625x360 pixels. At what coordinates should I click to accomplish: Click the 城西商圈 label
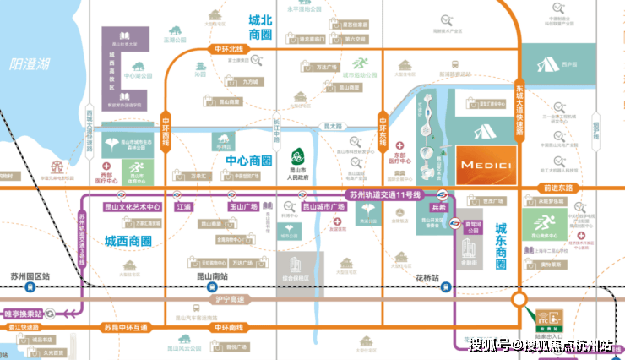(128, 242)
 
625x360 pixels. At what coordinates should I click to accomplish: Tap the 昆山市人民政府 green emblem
(296, 157)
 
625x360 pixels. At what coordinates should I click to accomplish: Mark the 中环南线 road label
(228, 326)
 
